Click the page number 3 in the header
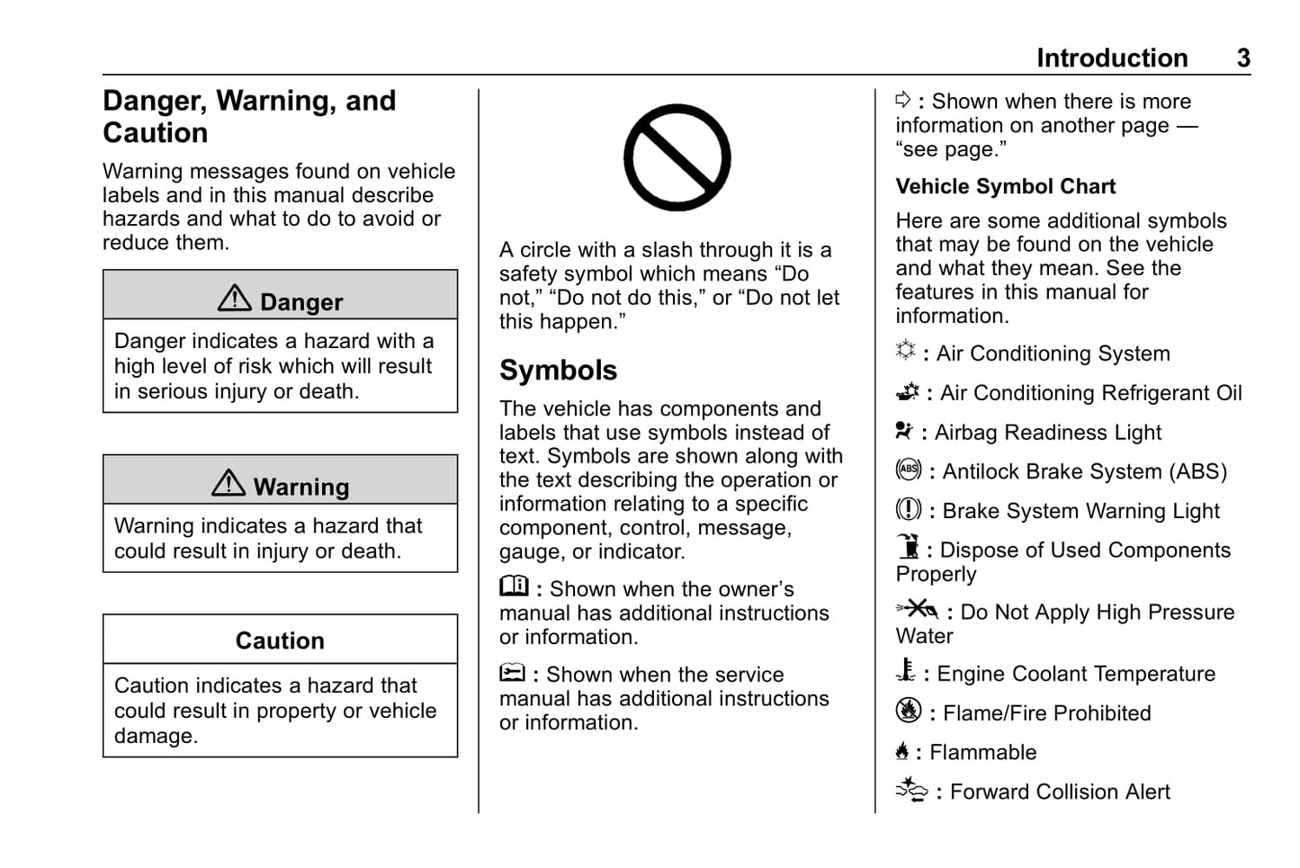1242,58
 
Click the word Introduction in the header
1112,58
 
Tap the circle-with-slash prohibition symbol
677,157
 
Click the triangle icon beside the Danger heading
235,299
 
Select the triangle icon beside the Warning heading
229,483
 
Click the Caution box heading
280,640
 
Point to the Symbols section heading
558,370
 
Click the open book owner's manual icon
515,586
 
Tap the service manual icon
512,673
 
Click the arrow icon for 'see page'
903,100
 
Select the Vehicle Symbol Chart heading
1005,186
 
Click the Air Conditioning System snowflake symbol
906,351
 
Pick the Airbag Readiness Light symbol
904,431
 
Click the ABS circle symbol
909,470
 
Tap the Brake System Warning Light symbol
909,509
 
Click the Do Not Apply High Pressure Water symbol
918,610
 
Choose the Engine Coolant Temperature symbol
906,671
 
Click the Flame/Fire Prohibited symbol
909,711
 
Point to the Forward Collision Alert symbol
911,790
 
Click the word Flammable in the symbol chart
982,752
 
